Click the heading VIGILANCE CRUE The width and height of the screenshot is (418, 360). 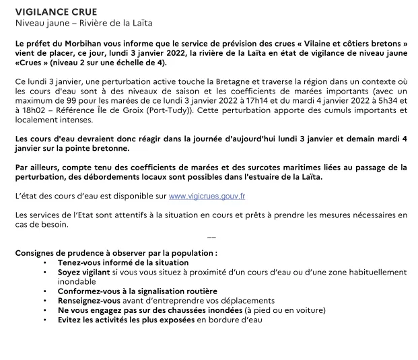click(56, 12)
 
